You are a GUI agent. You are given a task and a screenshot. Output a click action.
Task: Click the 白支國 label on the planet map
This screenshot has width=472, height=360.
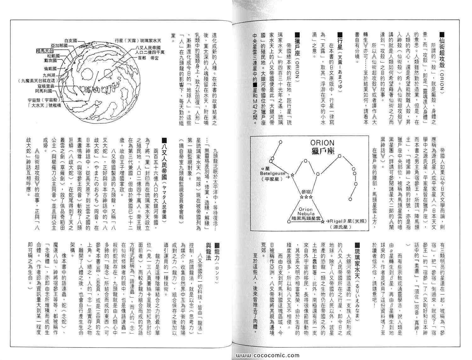pos(71,41)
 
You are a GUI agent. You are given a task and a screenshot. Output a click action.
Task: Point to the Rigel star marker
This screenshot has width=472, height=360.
pos(323,223)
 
